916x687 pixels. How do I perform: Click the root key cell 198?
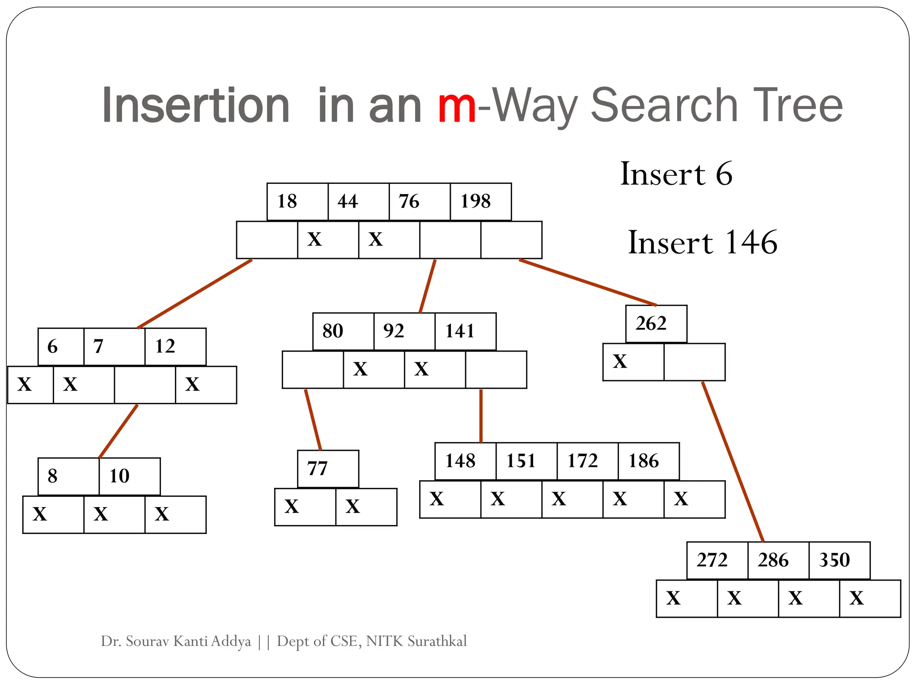(480, 202)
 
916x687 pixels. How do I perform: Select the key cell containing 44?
(358, 202)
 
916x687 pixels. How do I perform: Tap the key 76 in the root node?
(419, 202)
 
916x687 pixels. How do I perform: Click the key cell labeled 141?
(465, 331)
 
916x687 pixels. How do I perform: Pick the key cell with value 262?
(656, 324)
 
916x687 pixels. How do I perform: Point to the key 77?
(328, 469)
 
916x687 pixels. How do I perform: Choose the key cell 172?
(587, 461)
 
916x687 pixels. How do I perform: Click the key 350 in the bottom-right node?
(839, 560)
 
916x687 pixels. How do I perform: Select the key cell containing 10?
(129, 476)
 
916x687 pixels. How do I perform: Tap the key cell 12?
(175, 347)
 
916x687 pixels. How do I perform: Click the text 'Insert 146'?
(703, 242)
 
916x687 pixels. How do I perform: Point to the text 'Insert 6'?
(676, 174)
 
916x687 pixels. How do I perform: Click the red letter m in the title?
(457, 106)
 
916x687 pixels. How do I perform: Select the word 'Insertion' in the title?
(196, 106)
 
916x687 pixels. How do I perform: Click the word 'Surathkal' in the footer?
(437, 641)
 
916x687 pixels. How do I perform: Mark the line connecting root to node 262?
(587, 282)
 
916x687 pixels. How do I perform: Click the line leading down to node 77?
(313, 420)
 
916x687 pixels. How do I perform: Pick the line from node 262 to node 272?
(733, 461)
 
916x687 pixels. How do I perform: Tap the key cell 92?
(404, 331)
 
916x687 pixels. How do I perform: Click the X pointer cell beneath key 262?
(633, 362)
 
